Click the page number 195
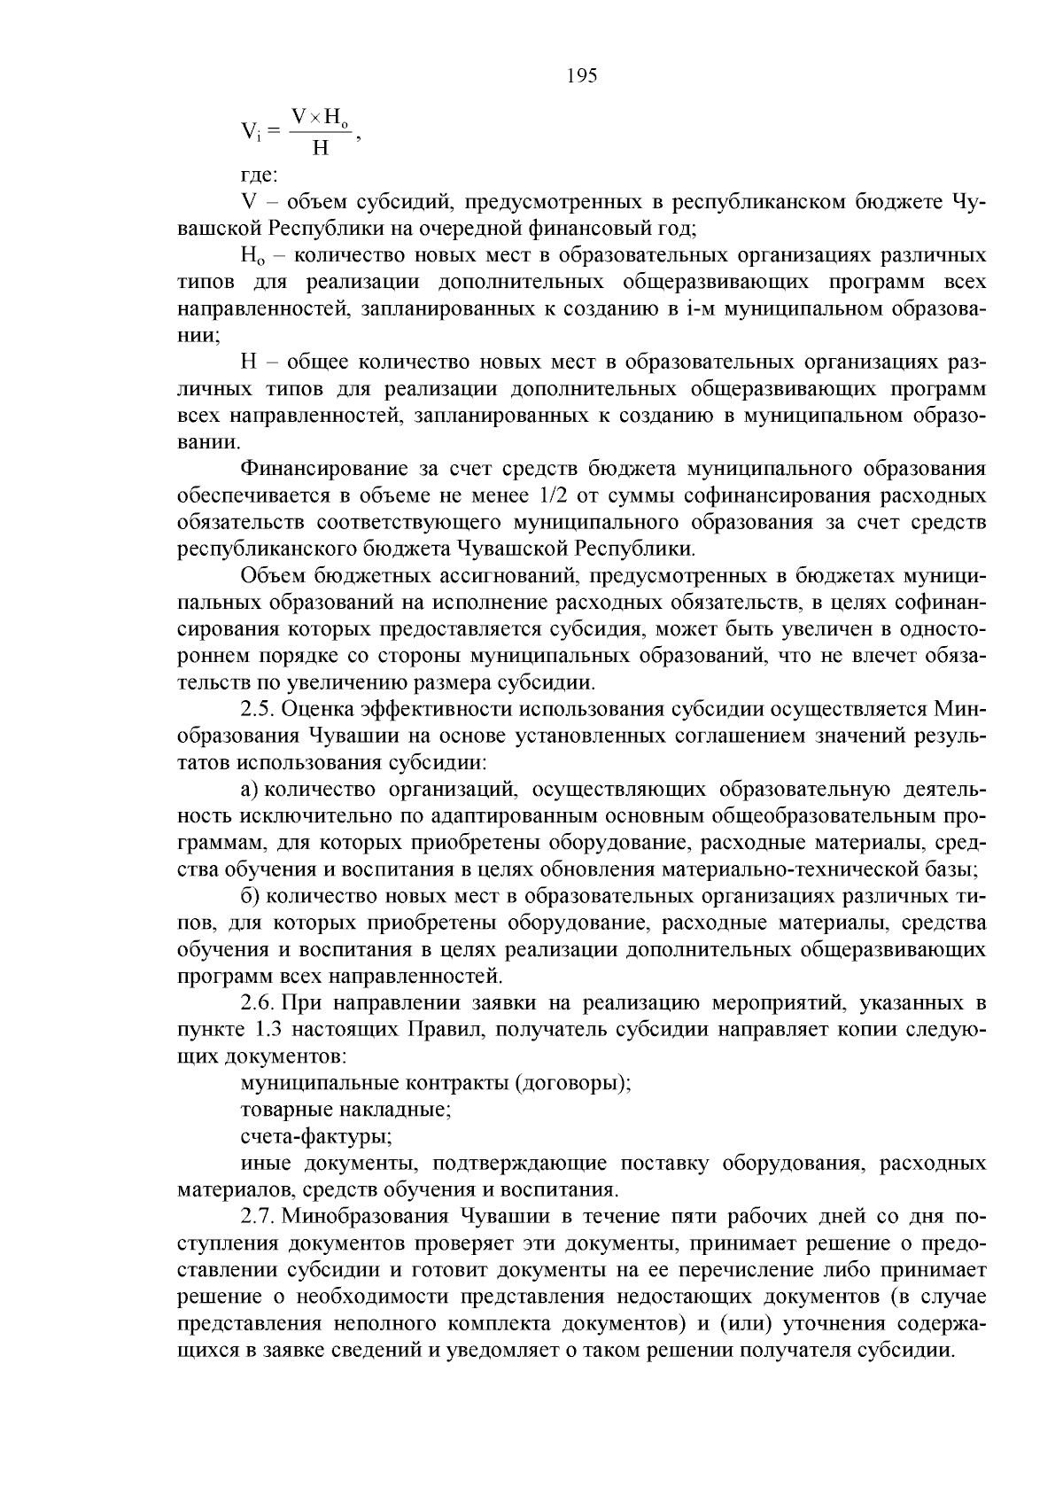point(582,75)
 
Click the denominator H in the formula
point(320,148)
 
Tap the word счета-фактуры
point(317,1136)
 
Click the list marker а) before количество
point(250,789)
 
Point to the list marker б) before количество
point(250,897)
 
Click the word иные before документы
point(267,1163)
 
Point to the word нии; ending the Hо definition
point(198,335)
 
